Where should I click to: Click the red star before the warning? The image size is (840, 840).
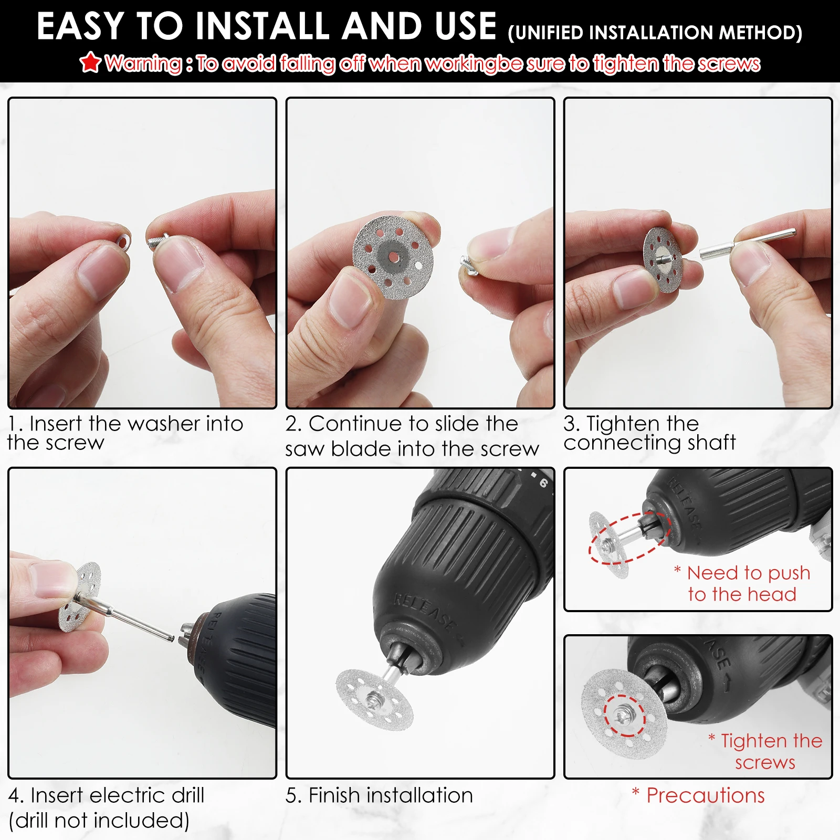tap(90, 62)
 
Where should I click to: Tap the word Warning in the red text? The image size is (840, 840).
tap(143, 64)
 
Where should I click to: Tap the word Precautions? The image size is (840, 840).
tap(705, 795)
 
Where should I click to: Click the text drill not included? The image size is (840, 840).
tap(99, 821)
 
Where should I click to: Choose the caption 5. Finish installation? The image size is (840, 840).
tap(379, 795)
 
